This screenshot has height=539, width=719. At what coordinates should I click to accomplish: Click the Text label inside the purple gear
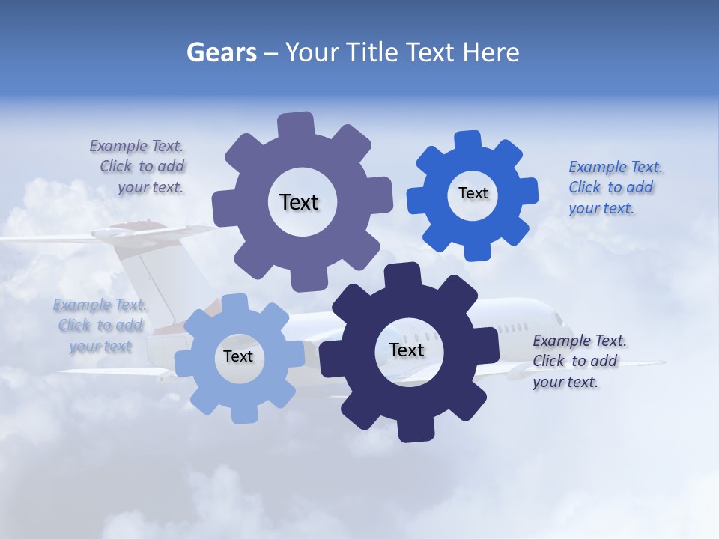click(x=299, y=202)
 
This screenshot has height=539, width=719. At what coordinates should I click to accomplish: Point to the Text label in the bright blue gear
click(x=473, y=193)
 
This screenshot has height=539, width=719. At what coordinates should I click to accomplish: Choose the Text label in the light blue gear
click(x=237, y=356)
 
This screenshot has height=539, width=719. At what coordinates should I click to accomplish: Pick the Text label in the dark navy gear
click(x=407, y=350)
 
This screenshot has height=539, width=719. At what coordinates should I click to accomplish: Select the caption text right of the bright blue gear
click(x=614, y=187)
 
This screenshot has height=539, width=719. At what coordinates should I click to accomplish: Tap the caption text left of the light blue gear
click(x=100, y=325)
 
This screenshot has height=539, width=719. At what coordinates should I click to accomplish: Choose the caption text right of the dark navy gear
click(x=578, y=361)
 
